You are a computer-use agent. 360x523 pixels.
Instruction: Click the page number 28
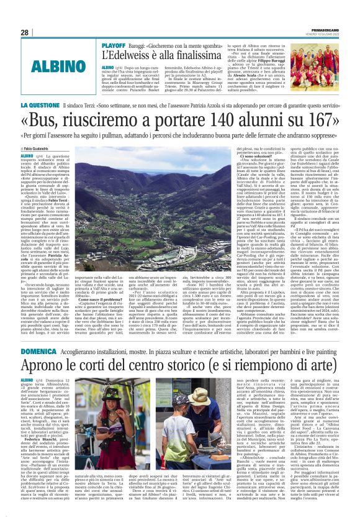pyautogui.click(x=25, y=32)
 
